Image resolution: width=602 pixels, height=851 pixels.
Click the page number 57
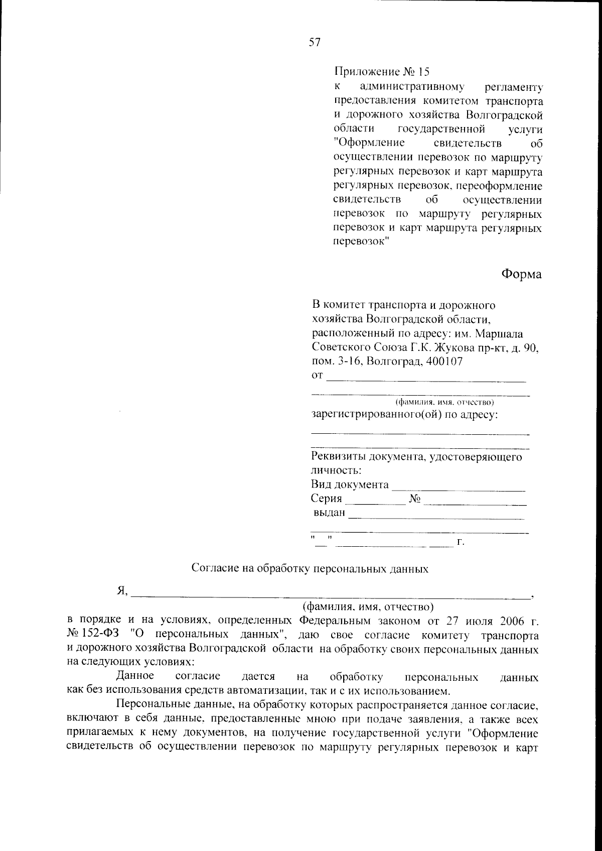click(x=315, y=43)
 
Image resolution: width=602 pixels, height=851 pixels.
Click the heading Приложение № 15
click(x=382, y=72)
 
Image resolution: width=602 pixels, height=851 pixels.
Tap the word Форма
click(x=521, y=275)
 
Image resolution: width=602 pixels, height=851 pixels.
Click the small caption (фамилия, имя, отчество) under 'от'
click(x=445, y=402)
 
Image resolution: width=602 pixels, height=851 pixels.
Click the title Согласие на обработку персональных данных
click(x=310, y=569)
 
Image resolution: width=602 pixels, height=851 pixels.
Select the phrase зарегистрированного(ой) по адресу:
click(x=405, y=415)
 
